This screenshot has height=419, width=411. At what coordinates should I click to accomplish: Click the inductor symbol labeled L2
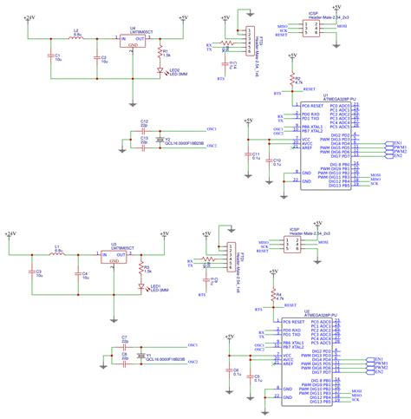click(x=77, y=39)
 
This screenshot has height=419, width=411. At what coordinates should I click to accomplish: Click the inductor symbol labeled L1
click(x=58, y=255)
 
